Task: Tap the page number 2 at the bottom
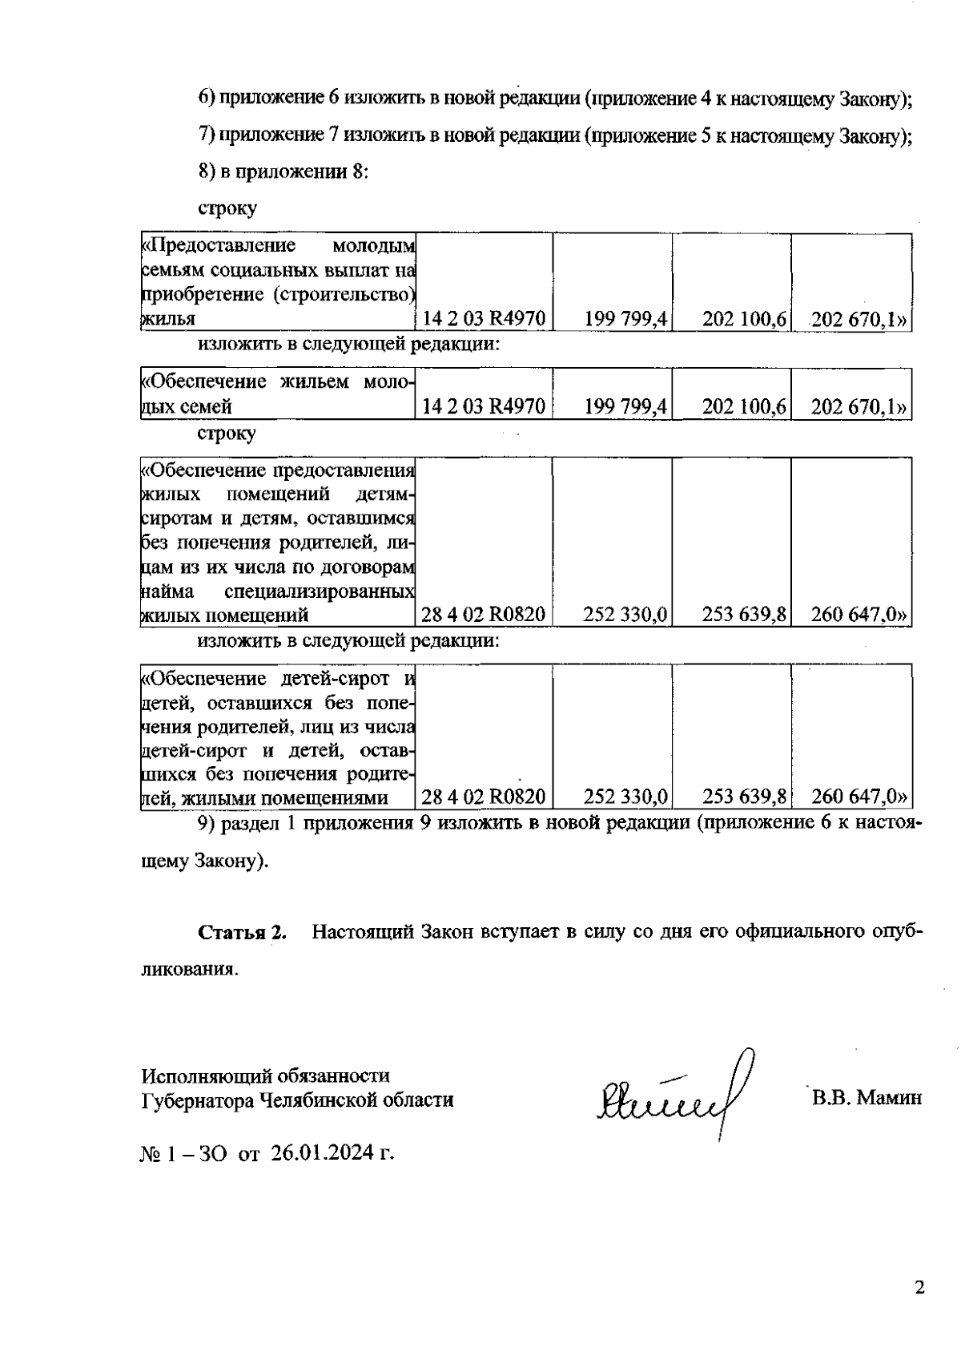coord(919,1287)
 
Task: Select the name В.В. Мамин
coord(867,1097)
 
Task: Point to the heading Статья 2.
coord(242,932)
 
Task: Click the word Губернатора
coord(194,1100)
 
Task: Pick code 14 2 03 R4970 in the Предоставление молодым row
coord(484,319)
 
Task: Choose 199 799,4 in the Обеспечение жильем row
coord(625,406)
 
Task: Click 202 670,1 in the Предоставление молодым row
coord(854,319)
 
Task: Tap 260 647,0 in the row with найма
coord(854,615)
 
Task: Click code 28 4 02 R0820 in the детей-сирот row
coord(484,797)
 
